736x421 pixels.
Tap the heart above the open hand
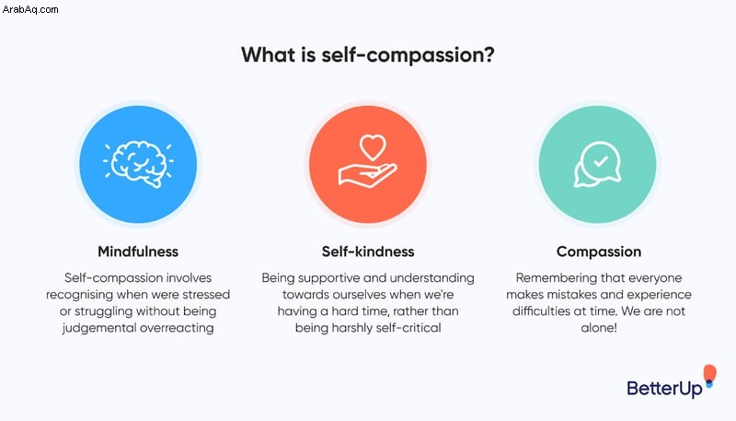[x=373, y=147]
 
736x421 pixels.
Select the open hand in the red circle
[x=367, y=175]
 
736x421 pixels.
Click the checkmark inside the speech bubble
[x=600, y=161]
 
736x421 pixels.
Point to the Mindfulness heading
[x=138, y=251]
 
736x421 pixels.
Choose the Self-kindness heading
[x=368, y=251]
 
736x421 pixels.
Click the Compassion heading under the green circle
[x=599, y=251]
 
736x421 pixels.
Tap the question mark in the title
[x=488, y=54]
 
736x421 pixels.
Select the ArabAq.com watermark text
[x=30, y=9]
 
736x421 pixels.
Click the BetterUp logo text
[x=664, y=389]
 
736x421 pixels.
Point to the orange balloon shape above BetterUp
[x=709, y=372]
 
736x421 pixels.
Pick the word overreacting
[x=177, y=328]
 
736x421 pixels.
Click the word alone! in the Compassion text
[x=599, y=328]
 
